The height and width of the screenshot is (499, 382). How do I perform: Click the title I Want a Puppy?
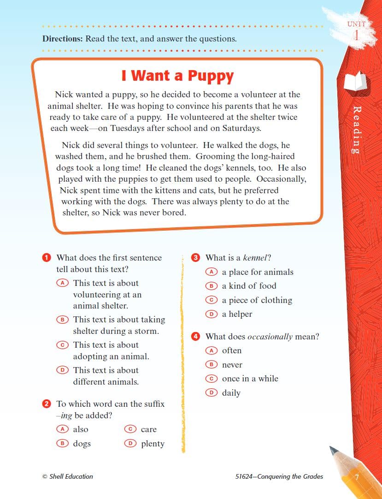click(177, 76)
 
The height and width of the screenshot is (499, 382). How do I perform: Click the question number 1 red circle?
click(46, 257)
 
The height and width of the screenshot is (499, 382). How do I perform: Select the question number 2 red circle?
click(46, 404)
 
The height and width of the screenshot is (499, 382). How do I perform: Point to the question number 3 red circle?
click(195, 257)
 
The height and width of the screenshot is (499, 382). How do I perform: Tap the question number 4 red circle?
click(195, 336)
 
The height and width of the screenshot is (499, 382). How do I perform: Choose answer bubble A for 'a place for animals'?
click(211, 272)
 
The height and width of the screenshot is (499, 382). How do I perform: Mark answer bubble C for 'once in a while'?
click(211, 379)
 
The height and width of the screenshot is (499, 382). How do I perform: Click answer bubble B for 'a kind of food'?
click(211, 286)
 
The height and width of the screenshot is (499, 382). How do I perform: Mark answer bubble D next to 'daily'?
click(211, 393)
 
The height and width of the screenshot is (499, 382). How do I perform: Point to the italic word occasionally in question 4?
click(270, 337)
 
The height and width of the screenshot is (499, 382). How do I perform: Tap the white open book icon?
click(356, 82)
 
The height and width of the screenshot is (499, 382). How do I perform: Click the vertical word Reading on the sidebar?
click(356, 130)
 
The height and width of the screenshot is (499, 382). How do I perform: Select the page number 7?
click(357, 477)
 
